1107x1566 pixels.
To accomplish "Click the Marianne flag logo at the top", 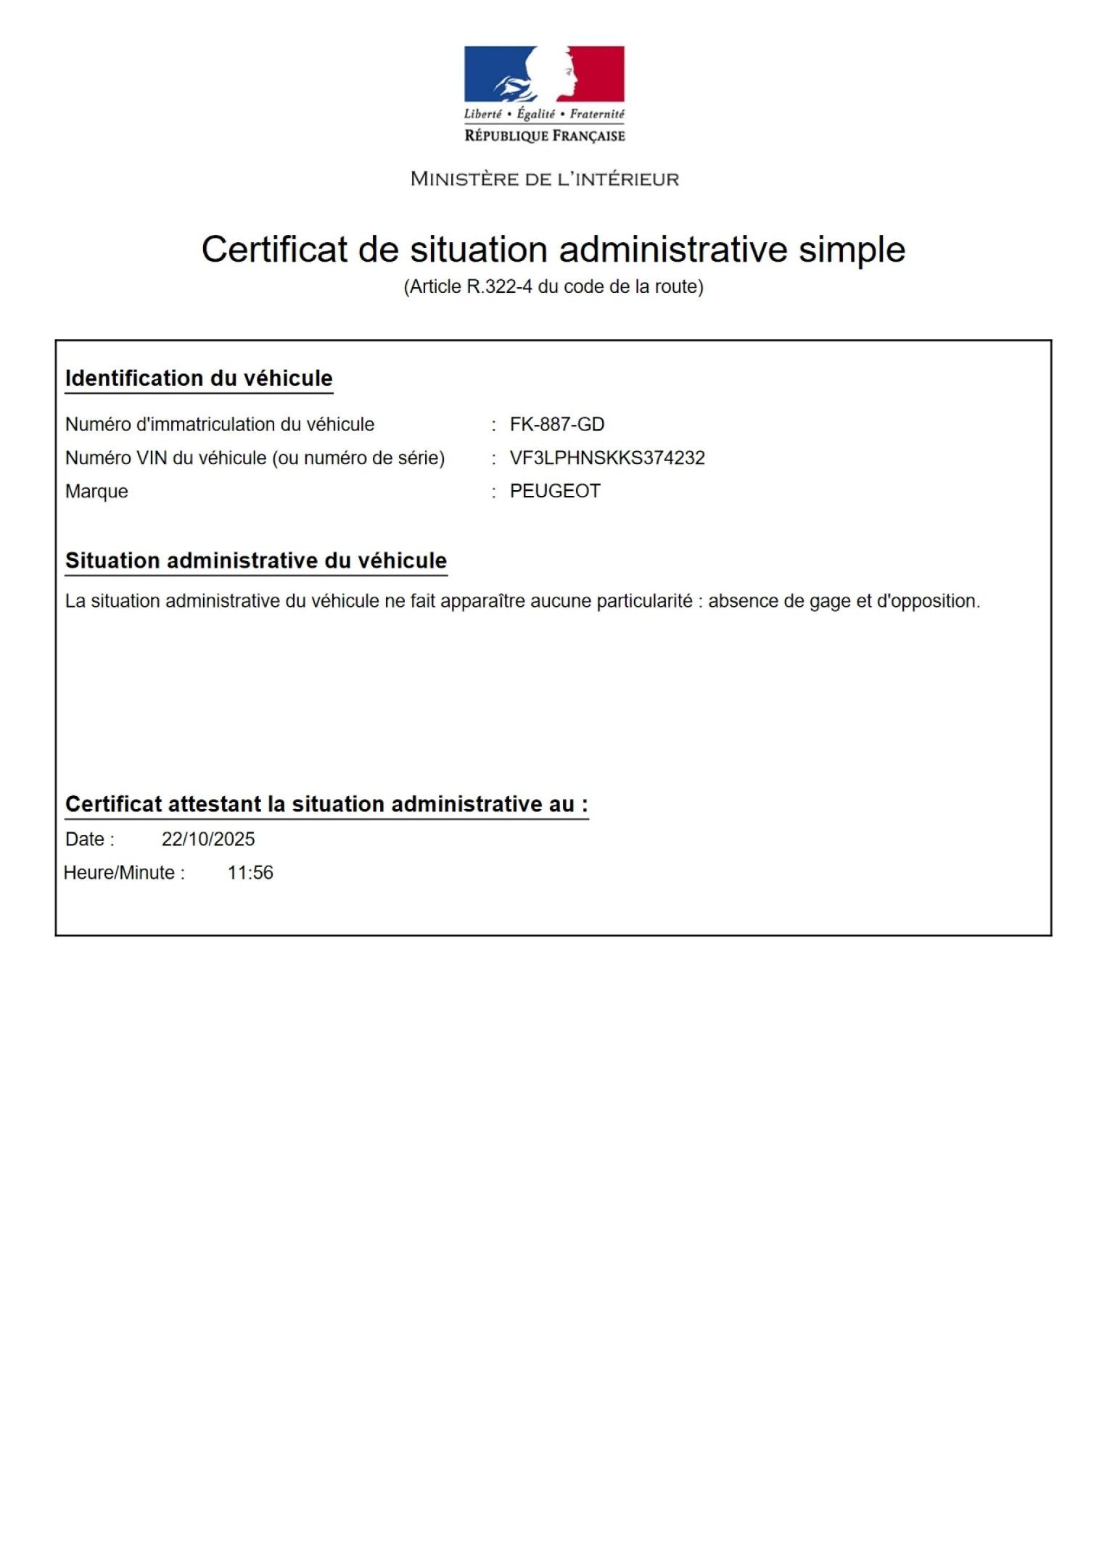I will pyautogui.click(x=544, y=74).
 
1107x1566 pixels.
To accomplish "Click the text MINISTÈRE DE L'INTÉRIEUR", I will pyautogui.click(x=544, y=179).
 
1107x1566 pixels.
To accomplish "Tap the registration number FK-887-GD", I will pyautogui.click(x=556, y=424).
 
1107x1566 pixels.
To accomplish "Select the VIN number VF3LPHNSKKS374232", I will pyautogui.click(x=607, y=458).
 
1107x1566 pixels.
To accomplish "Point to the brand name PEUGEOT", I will pyautogui.click(x=555, y=492).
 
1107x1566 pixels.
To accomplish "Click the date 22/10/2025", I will pyautogui.click(x=208, y=840).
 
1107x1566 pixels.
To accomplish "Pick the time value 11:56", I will pyautogui.click(x=250, y=873).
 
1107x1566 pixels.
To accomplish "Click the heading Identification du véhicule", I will pyautogui.click(x=199, y=378).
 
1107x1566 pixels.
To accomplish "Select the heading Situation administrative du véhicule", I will pyautogui.click(x=256, y=560).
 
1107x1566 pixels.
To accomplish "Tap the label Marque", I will pyautogui.click(x=96, y=492).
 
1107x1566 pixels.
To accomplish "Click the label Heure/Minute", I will pyautogui.click(x=124, y=873).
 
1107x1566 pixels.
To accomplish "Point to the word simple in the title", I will pyautogui.click(x=852, y=250).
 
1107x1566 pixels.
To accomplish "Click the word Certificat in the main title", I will pyautogui.click(x=274, y=250).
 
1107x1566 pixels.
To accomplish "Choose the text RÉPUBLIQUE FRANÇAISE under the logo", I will pyautogui.click(x=544, y=136).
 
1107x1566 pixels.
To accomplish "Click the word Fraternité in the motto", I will pyautogui.click(x=596, y=114).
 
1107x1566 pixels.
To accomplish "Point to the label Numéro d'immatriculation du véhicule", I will pyautogui.click(x=220, y=424).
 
